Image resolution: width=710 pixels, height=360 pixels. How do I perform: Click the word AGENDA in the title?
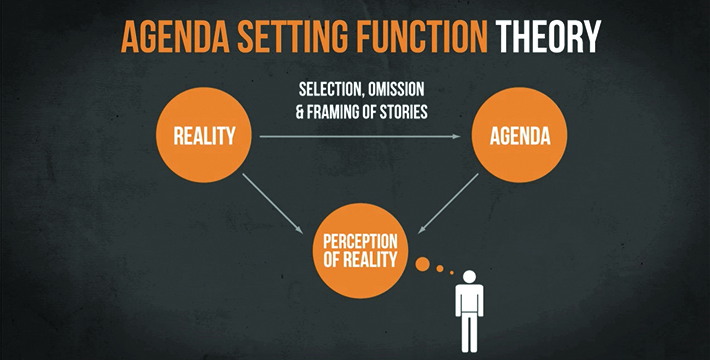(x=176, y=37)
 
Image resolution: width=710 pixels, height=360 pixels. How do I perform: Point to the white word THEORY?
(x=548, y=37)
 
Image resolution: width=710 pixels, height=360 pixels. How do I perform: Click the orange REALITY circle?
(x=204, y=135)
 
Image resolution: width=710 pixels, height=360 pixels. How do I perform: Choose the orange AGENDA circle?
(x=519, y=135)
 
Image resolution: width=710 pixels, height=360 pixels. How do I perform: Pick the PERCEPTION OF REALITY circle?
(x=360, y=250)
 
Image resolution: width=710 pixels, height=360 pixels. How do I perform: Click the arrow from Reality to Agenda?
(x=360, y=136)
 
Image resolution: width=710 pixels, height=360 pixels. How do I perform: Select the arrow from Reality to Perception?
(x=273, y=204)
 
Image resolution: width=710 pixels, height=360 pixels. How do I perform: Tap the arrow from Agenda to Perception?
(x=448, y=204)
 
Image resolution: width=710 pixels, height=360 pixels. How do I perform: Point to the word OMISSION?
(x=396, y=89)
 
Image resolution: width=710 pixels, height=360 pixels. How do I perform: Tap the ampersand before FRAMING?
(x=300, y=112)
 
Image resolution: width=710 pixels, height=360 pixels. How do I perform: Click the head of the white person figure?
(x=470, y=277)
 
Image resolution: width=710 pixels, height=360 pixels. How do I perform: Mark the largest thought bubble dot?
(x=422, y=264)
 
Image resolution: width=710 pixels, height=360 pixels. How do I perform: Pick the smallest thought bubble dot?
(x=451, y=273)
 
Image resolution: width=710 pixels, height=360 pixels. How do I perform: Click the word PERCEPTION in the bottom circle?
(x=360, y=241)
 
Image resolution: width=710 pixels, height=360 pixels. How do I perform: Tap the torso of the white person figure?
(x=470, y=299)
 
